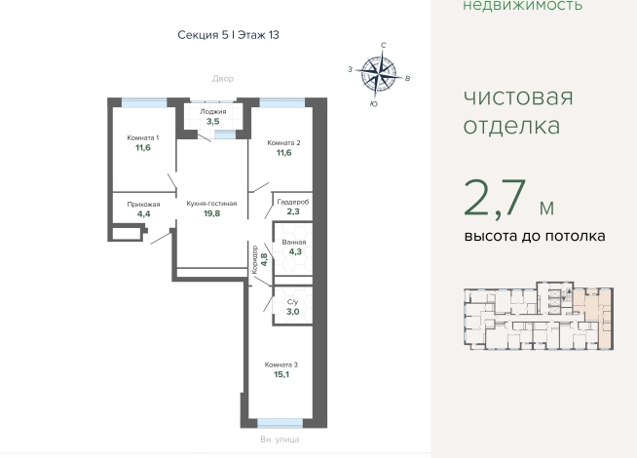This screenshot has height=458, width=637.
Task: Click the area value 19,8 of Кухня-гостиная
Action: (211, 213)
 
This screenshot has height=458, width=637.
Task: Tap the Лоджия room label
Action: (213, 111)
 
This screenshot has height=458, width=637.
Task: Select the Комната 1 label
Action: (143, 137)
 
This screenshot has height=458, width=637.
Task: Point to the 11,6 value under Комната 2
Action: (283, 153)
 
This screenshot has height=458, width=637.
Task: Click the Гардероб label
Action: (293, 202)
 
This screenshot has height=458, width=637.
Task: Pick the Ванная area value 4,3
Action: (295, 251)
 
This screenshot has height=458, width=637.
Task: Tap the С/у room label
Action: (292, 302)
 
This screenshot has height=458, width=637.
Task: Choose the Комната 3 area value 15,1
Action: (281, 374)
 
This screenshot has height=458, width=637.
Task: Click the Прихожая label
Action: (143, 205)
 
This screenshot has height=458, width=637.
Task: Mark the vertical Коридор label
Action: (255, 259)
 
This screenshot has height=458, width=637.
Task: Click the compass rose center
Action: (379, 73)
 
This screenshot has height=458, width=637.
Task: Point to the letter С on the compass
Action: (383, 45)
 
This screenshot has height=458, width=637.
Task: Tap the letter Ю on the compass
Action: (374, 104)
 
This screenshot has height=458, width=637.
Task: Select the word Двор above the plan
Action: (223, 78)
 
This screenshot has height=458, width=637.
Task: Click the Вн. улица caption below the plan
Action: (280, 439)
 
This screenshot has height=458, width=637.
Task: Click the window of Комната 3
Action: (280, 423)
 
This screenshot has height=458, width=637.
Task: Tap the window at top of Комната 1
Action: (144, 102)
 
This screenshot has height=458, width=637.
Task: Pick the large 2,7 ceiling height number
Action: (495, 199)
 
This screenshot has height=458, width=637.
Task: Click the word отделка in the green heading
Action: (511, 125)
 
